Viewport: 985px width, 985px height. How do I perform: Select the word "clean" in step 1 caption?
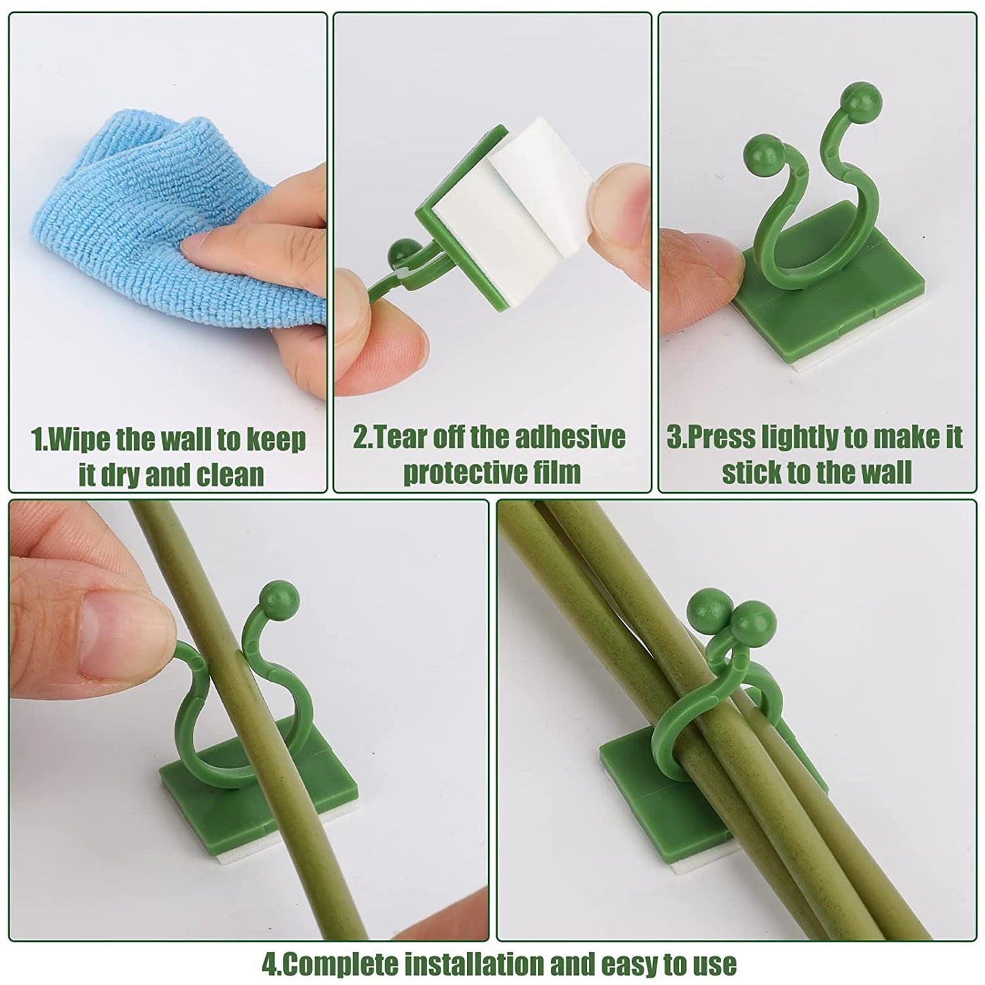[x=230, y=475]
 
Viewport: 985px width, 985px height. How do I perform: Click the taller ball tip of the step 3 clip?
[x=857, y=95]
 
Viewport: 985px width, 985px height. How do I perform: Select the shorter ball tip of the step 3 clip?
[x=759, y=149]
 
